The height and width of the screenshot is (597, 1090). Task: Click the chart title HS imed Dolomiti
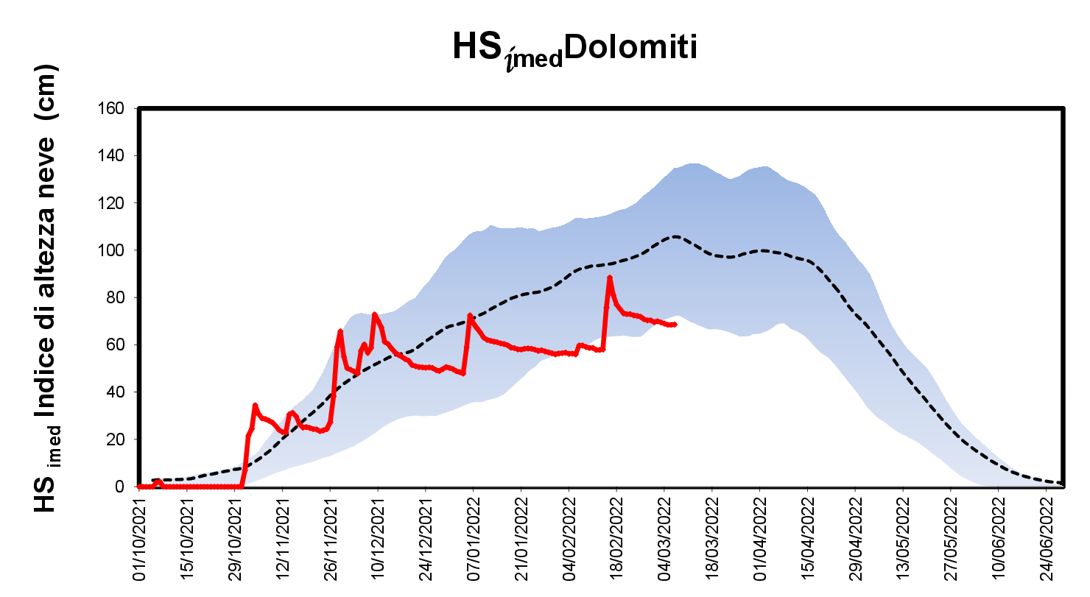click(574, 49)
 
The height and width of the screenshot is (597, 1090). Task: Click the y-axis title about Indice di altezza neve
click(47, 287)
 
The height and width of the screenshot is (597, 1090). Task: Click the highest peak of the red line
click(610, 278)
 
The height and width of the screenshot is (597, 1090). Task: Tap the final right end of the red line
click(675, 325)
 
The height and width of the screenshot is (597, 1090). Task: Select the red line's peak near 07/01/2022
click(470, 315)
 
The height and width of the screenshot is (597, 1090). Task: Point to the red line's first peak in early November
click(255, 405)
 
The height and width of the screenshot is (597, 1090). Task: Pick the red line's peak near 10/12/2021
click(375, 314)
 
